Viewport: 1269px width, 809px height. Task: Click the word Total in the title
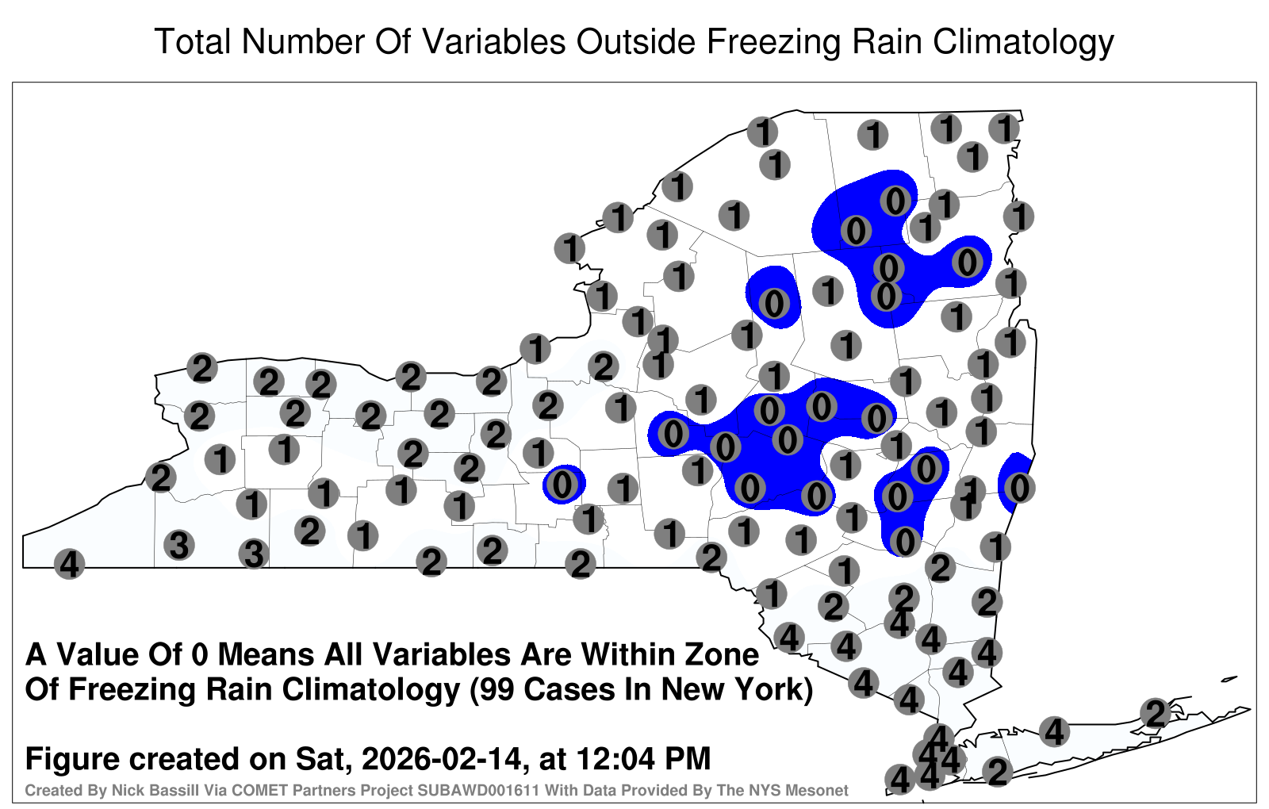tap(193, 42)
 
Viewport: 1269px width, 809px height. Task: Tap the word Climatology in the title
tap(1023, 43)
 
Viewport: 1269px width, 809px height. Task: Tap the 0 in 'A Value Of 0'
tap(200, 655)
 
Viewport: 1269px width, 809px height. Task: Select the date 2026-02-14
tap(441, 758)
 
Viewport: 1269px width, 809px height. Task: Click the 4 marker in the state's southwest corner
tap(69, 564)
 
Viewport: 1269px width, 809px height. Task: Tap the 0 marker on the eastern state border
tap(1019, 488)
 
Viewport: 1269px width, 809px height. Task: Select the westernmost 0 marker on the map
tap(562, 485)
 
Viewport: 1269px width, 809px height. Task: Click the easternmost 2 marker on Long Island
tap(1156, 713)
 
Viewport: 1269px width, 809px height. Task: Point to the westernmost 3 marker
tap(179, 546)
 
